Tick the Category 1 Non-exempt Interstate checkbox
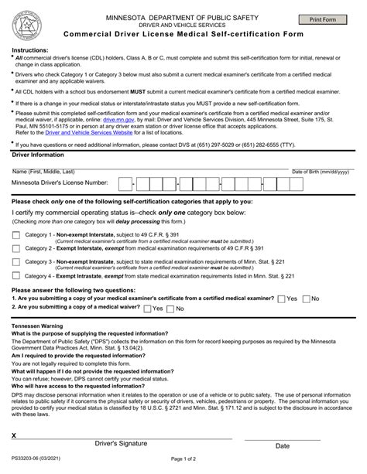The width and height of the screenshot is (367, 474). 16,235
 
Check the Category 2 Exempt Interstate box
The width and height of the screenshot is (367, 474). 16,248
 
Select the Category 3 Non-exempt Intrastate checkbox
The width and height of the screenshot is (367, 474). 16,262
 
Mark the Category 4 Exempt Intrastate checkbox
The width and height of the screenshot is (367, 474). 16,275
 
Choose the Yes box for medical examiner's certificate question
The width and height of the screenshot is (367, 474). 281,298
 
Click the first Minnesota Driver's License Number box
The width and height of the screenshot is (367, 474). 124,183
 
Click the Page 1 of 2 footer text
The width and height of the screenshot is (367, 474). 183,462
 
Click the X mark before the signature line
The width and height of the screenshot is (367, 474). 14,436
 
